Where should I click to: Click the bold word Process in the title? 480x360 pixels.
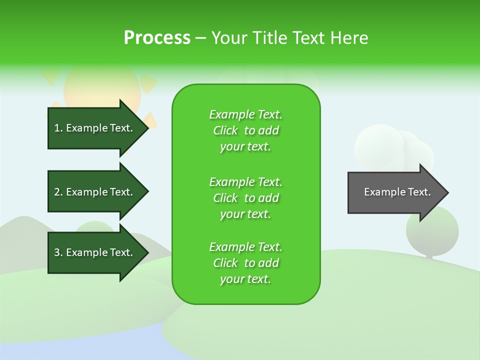[157, 38]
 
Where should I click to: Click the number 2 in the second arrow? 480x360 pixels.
[57, 192]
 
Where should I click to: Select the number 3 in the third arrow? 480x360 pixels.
[57, 252]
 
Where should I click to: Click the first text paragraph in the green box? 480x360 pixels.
[245, 130]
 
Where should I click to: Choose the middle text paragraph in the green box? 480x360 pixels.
[245, 198]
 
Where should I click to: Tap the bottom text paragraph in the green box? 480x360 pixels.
[245, 263]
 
